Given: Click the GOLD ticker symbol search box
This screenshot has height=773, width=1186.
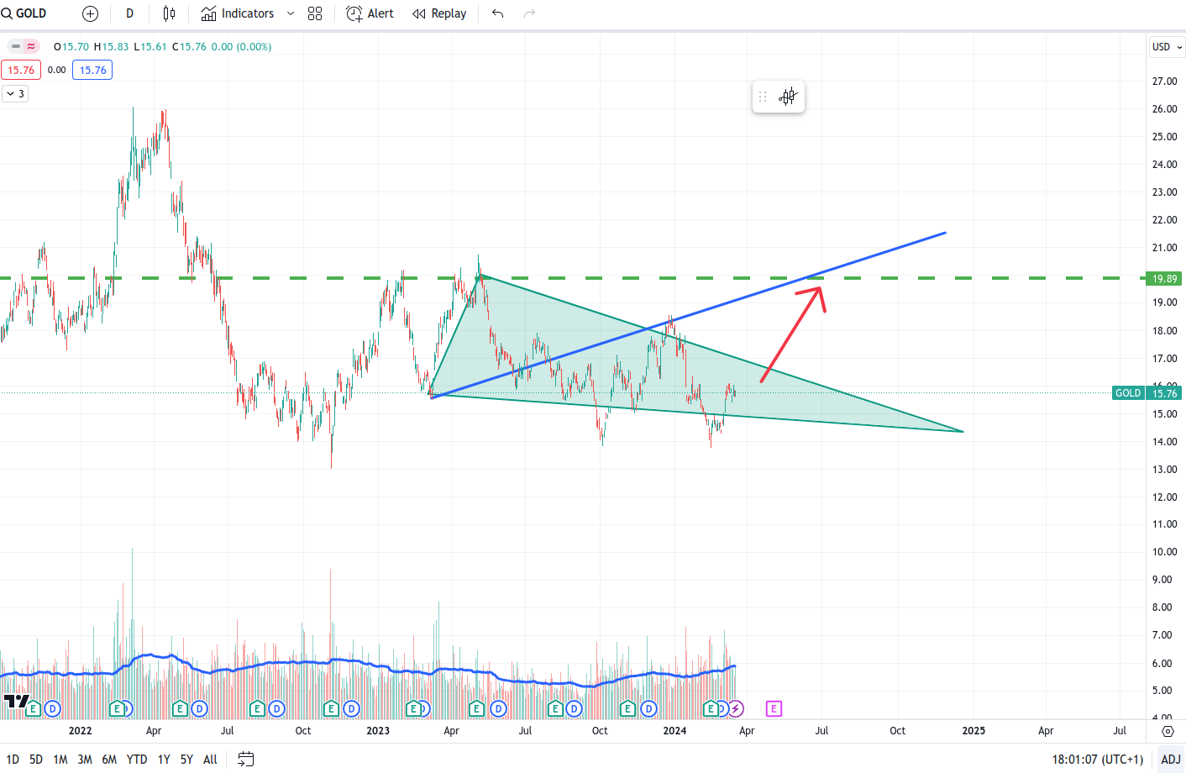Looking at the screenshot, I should point(25,13).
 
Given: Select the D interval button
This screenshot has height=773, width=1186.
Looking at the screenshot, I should point(129,13).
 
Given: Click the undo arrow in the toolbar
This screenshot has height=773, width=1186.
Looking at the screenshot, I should point(497,13).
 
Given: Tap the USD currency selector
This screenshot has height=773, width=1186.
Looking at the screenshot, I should point(1167,47).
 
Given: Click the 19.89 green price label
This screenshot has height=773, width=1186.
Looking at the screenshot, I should point(1164,278).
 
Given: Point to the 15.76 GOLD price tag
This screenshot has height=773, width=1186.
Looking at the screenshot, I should point(1163,393).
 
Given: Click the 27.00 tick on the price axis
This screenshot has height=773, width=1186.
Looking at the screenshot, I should point(1164,82).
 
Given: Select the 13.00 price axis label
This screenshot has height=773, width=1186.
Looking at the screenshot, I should point(1164,470).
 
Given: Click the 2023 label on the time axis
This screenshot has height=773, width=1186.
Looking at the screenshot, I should point(378,731).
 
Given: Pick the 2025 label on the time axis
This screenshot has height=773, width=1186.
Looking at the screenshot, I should point(973,731).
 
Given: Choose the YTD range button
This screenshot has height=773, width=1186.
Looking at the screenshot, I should point(137,760).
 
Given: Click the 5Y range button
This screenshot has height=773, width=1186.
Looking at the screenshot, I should point(186,760).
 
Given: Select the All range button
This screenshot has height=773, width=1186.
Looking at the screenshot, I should point(210,760).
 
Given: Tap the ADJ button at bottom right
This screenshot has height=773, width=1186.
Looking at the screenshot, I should point(1171,760).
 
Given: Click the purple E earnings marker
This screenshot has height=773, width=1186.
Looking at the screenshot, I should point(774,709).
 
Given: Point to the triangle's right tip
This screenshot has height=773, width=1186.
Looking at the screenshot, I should point(963,432).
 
